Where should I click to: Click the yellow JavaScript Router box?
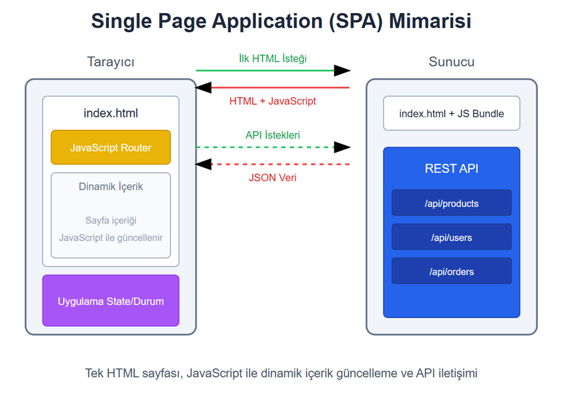coord(111,147)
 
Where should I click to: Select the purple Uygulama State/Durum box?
coord(111,301)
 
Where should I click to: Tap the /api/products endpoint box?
coord(451,203)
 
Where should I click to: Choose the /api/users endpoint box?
coord(451,237)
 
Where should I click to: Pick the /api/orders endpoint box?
coord(451,272)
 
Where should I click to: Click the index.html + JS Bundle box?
coord(451,113)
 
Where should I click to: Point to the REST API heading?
coord(451,169)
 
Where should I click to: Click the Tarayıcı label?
coord(111,62)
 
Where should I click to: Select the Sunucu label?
coord(451,62)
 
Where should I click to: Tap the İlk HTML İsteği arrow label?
coord(272,58)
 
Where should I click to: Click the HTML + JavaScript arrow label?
coord(272,101)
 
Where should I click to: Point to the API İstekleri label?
coord(272,135)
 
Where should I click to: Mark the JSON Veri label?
coord(272,177)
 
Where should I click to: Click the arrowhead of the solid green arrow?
coord(342,71)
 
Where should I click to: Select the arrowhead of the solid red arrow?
coord(204,88)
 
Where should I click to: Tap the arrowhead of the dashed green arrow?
coord(342,147)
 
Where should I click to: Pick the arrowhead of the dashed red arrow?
coord(204,164)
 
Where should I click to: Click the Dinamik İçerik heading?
coord(111,186)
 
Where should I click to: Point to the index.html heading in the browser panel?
coord(111,113)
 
